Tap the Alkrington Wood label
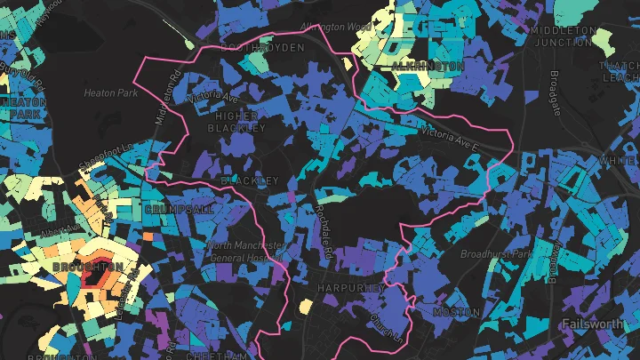(336, 28)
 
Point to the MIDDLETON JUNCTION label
(563, 36)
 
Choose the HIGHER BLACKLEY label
(236, 122)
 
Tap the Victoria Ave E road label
(450, 136)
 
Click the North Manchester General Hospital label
(246, 252)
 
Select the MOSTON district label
(456, 313)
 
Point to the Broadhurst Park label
(495, 253)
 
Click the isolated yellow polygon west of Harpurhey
(305, 307)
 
